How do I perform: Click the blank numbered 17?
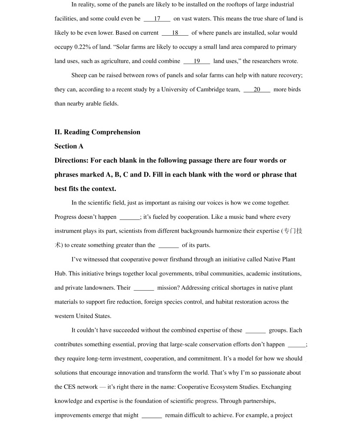pos(157,19)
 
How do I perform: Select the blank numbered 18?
pos(175,33)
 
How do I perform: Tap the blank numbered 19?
pos(197,61)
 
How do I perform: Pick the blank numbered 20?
pos(257,90)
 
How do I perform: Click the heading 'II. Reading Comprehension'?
pos(97,132)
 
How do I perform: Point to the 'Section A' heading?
pos(69,146)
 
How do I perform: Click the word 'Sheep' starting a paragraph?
pos(79,75)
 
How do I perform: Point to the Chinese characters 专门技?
pos(293,231)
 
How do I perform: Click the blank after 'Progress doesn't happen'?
pos(130,217)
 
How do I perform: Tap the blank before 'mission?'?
pos(143,288)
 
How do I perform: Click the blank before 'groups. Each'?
pos(255,331)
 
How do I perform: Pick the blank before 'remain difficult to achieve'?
pos(152,415)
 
